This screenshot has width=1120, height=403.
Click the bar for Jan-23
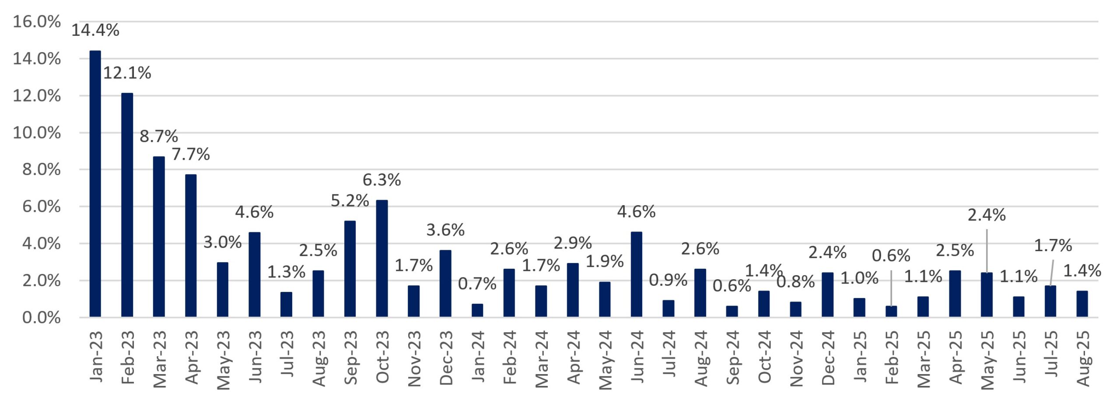(x=95, y=184)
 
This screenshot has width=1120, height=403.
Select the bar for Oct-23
(x=381, y=258)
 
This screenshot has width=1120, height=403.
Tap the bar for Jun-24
(x=636, y=274)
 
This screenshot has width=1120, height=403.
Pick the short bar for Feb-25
(x=891, y=311)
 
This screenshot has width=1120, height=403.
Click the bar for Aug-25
(x=1082, y=304)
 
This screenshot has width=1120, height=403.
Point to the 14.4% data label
(x=95, y=30)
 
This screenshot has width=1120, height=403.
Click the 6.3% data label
(x=381, y=180)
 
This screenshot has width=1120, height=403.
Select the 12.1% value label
(x=127, y=73)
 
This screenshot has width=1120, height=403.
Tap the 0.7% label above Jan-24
(x=477, y=284)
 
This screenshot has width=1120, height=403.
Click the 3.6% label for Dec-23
(x=445, y=230)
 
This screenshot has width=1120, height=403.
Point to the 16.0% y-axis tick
(x=36, y=21)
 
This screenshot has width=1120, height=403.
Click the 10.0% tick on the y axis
(x=36, y=133)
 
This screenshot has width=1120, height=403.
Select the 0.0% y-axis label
(x=41, y=318)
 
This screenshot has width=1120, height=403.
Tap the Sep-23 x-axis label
(x=350, y=357)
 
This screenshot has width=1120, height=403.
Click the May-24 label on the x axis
(x=605, y=360)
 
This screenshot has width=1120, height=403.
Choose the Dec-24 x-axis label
(x=828, y=357)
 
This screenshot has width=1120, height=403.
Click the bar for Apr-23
(x=191, y=245)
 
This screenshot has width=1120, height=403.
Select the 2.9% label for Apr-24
(x=572, y=243)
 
